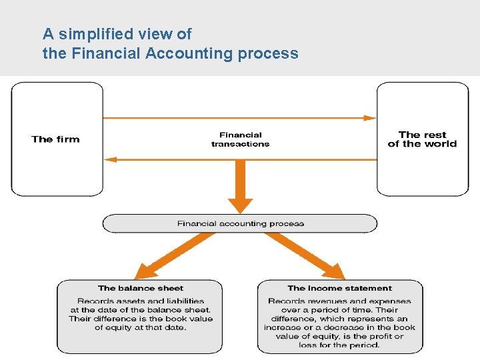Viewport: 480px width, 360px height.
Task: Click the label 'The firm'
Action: pyautogui.click(x=55, y=139)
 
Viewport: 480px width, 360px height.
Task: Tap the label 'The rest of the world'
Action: pyautogui.click(x=422, y=139)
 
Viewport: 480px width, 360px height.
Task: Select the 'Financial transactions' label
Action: pyautogui.click(x=241, y=139)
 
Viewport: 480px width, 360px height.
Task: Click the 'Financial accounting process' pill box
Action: pyautogui.click(x=240, y=223)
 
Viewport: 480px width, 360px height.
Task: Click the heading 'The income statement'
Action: pyautogui.click(x=340, y=288)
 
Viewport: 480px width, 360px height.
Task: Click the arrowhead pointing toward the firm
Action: pyautogui.click(x=111, y=159)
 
